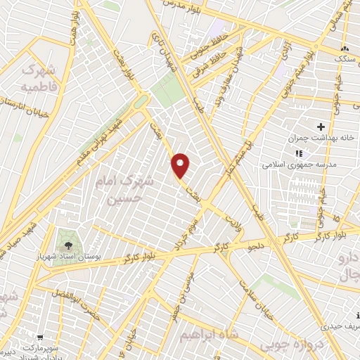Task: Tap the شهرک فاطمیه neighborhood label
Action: [x=37, y=79]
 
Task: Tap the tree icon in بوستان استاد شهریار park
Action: [x=68, y=245]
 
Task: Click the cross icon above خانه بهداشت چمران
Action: [x=321, y=127]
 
